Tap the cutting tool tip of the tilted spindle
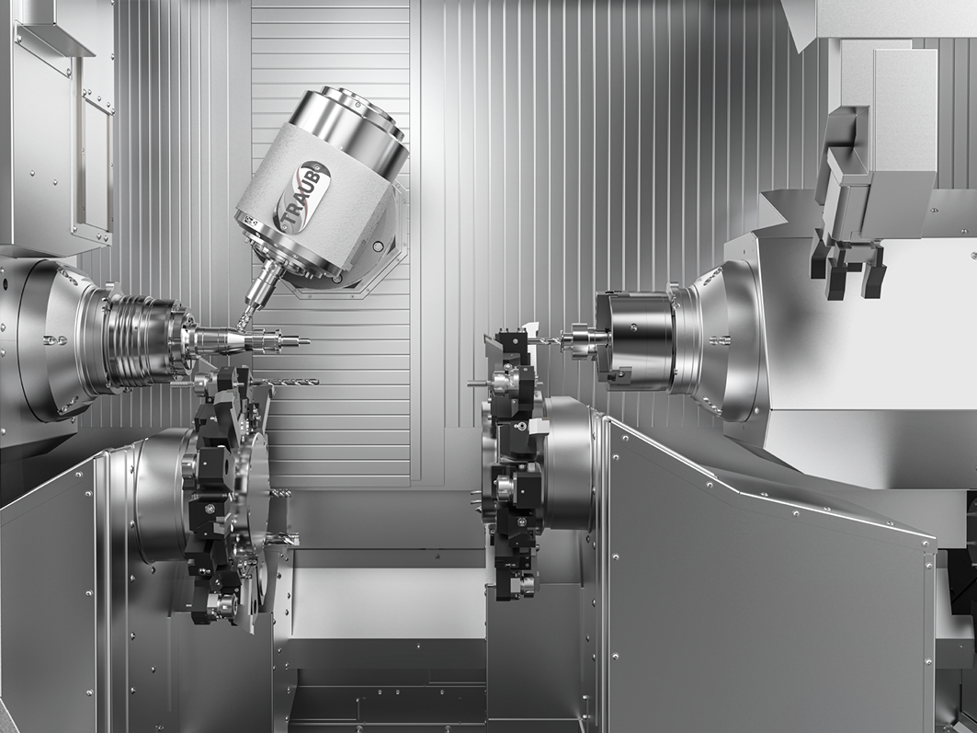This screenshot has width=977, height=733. click(x=241, y=324)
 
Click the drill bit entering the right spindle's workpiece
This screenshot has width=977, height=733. click(x=545, y=340)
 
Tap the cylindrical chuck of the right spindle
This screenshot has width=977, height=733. click(x=634, y=339)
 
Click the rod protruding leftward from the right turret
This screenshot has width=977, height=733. click(x=481, y=384)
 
